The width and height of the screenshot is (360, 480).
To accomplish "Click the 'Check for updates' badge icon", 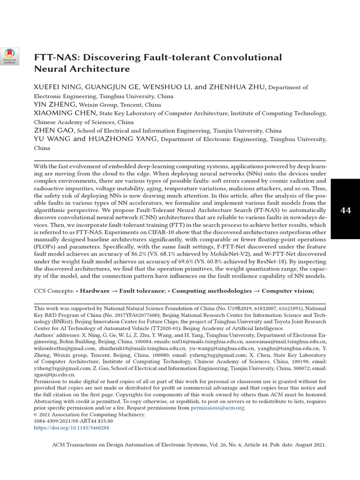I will click(9, 56).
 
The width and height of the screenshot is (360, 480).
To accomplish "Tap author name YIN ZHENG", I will click(55, 105).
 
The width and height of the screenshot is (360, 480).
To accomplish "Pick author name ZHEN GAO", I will click(54, 131).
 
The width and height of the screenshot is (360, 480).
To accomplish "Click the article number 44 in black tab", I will click(345, 210).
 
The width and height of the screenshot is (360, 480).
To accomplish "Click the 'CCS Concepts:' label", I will click(54, 291).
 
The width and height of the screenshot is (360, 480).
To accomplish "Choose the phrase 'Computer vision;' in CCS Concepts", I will click(288, 291).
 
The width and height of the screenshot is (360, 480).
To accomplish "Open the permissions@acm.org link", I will click(217, 408).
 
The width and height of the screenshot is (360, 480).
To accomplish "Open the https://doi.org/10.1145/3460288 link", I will click(72, 428).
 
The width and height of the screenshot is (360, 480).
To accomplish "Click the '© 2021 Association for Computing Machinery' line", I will click(90, 415).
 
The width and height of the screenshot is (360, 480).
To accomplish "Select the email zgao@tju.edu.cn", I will click(54, 375).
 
